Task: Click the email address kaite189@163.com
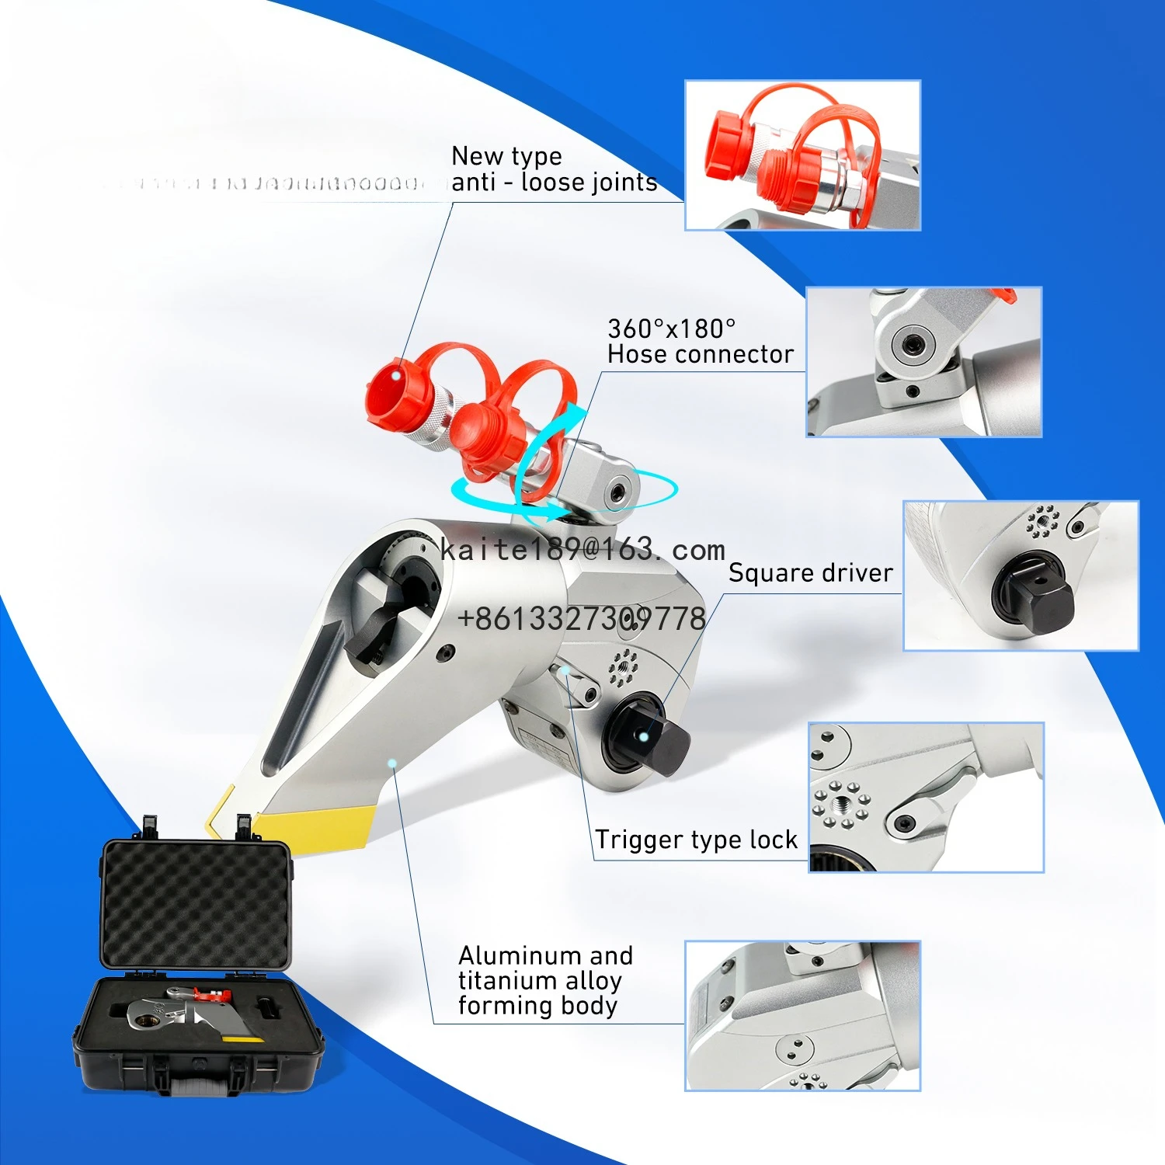point(582,550)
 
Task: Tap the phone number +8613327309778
point(582,619)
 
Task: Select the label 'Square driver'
point(810,573)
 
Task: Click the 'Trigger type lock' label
point(696,840)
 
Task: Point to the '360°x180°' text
point(671,329)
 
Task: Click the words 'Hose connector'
point(700,354)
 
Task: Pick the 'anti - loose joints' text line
point(554,183)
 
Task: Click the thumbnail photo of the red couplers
point(802,155)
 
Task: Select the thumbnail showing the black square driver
point(1021,576)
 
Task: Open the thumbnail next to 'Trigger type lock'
point(926,798)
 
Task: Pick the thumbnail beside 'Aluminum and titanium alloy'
point(802,1015)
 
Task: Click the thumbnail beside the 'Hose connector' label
point(923,362)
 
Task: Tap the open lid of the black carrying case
point(196,905)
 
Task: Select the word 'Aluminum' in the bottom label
point(512,955)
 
